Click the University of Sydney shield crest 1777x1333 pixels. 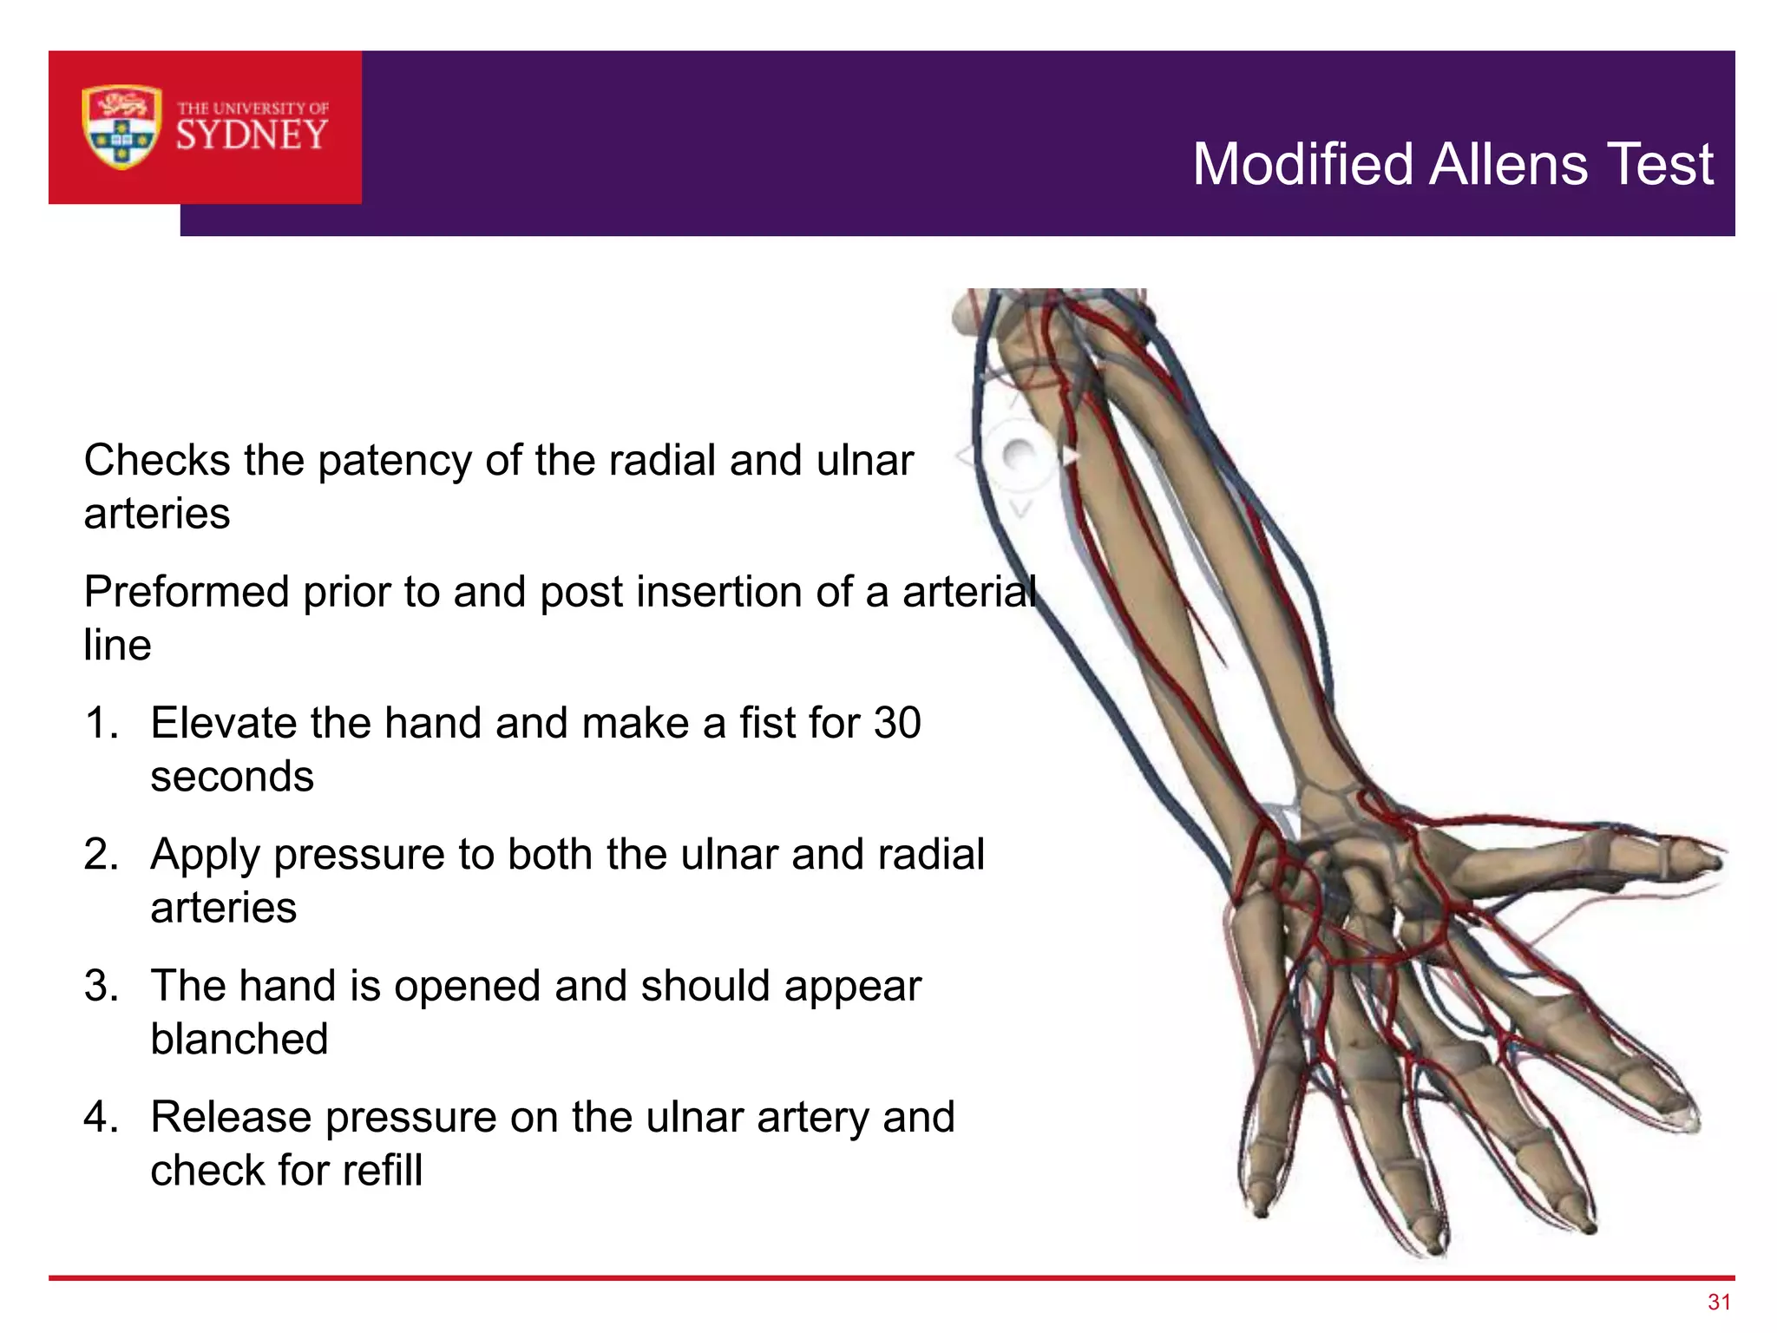pos(121,127)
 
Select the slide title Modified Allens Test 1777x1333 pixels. pos(1452,164)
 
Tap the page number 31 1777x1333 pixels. pos(1719,1302)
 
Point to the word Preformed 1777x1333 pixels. pos(187,593)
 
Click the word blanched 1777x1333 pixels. pos(239,1039)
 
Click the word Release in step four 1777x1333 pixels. pos(231,1118)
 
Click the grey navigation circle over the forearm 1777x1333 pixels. pos(1019,456)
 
